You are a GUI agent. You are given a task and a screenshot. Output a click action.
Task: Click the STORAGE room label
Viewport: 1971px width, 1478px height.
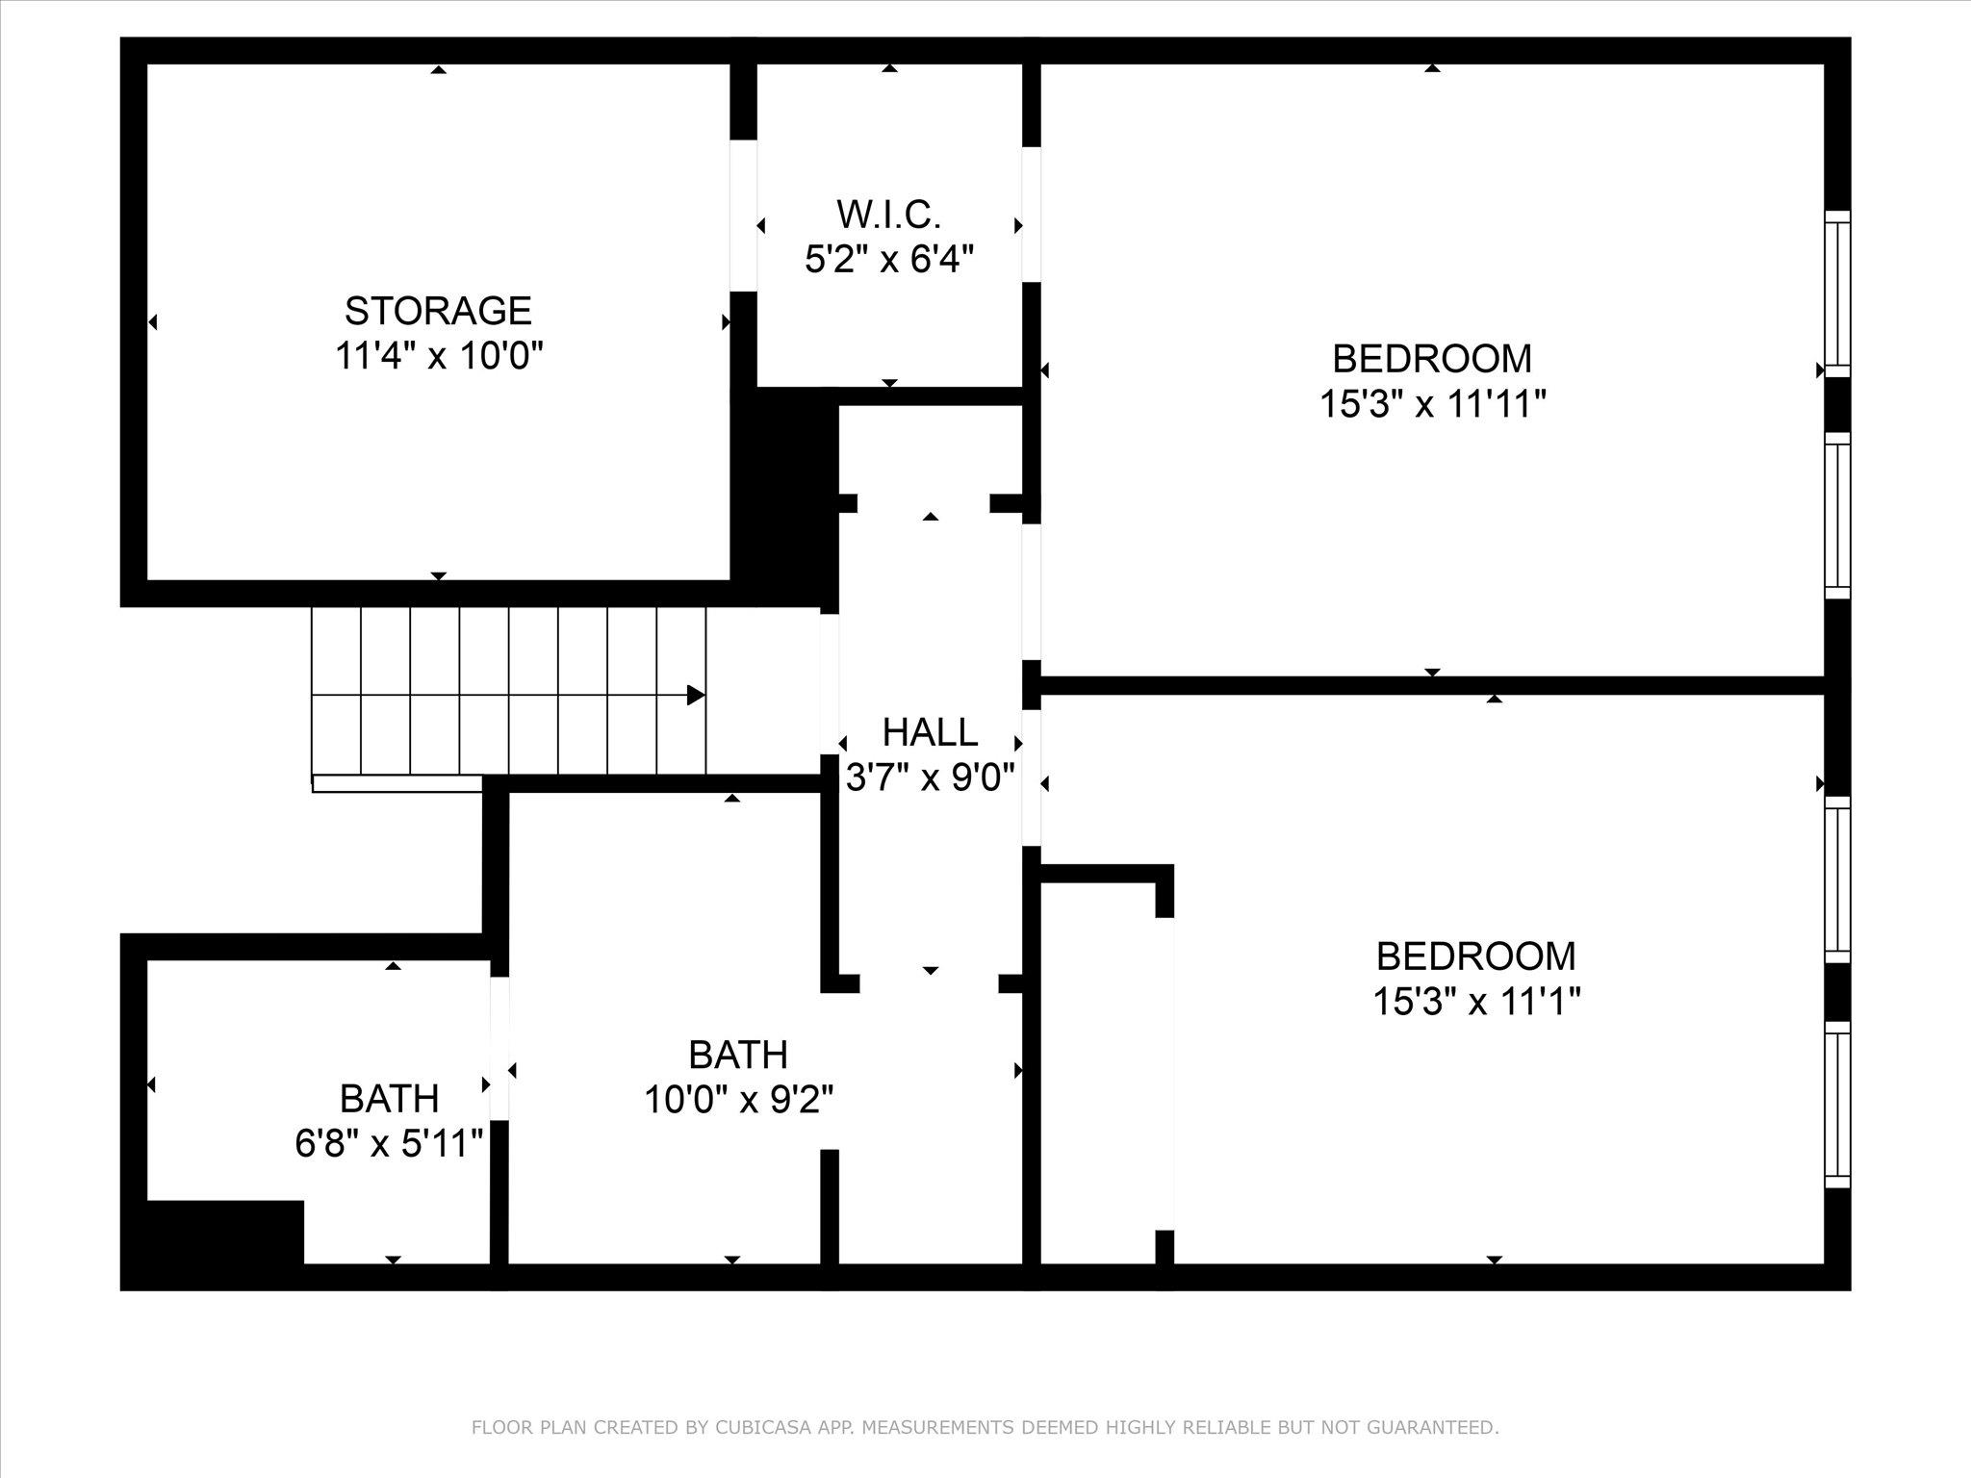click(x=438, y=311)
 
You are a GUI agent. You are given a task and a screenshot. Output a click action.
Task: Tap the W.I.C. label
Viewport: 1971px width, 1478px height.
click(x=888, y=214)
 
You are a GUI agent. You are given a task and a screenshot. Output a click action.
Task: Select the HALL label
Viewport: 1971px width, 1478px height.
click(x=930, y=732)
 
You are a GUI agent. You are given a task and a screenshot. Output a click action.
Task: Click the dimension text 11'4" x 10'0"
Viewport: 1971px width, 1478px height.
click(x=439, y=356)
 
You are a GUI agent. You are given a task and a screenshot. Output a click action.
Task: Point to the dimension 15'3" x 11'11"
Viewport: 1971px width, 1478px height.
click(x=1432, y=404)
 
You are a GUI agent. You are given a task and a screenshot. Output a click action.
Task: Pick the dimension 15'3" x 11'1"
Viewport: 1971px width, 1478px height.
click(x=1476, y=1002)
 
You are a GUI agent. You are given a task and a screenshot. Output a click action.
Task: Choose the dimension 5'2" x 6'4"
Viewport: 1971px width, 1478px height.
click(x=889, y=259)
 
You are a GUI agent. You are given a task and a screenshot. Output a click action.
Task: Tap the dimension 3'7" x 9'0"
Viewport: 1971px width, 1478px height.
click(x=930, y=777)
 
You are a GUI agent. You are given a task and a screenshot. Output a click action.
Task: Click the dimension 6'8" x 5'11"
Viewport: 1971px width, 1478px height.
click(x=389, y=1144)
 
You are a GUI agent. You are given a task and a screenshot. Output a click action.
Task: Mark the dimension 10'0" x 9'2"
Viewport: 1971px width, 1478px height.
click(x=738, y=1099)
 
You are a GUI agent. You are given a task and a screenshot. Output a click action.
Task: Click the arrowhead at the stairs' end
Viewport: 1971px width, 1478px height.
click(x=696, y=695)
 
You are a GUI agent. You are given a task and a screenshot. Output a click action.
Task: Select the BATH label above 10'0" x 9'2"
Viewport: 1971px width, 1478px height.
click(x=738, y=1055)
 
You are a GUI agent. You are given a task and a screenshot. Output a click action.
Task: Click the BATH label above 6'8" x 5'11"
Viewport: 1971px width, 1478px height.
click(x=389, y=1099)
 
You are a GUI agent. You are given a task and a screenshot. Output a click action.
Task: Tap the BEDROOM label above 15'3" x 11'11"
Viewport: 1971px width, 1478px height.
click(x=1432, y=359)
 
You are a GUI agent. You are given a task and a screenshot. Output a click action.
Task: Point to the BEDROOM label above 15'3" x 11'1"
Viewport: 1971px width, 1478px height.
click(x=1476, y=956)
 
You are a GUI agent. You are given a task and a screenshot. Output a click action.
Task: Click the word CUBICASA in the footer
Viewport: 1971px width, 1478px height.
click(x=752, y=1427)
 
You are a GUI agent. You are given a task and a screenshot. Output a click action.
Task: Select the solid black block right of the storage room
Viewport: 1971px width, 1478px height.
click(x=783, y=497)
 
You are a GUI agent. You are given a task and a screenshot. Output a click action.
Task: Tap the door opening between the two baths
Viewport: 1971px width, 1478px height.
click(x=499, y=1048)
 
